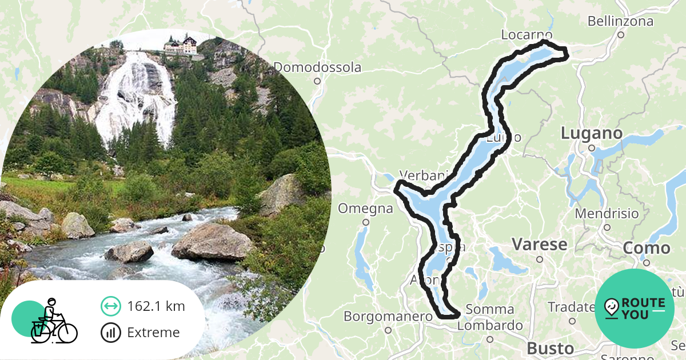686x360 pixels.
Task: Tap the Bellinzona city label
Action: pyautogui.click(x=620, y=22)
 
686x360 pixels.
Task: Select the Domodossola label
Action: pyautogui.click(x=317, y=67)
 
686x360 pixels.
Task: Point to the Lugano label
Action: pyautogui.click(x=591, y=134)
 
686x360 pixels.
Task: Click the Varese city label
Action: pyautogui.click(x=539, y=245)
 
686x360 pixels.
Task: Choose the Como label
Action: pyautogui.click(x=646, y=249)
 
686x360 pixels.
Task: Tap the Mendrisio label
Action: pyautogui.click(x=607, y=214)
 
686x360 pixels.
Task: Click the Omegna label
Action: pyautogui.click(x=365, y=209)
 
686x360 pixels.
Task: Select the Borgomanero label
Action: pyautogui.click(x=388, y=316)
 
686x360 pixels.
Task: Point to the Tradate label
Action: pyautogui.click(x=571, y=307)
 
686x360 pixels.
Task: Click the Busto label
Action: pyautogui.click(x=550, y=348)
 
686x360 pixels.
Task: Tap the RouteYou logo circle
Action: pyautogui.click(x=634, y=309)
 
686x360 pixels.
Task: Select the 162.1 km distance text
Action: pyautogui.click(x=156, y=306)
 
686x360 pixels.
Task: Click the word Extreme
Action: pyautogui.click(x=153, y=333)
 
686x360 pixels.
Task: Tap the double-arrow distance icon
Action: pyautogui.click(x=110, y=306)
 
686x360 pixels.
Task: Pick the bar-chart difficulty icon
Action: pyautogui.click(x=110, y=333)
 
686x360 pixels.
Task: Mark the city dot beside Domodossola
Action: pyautogui.click(x=317, y=81)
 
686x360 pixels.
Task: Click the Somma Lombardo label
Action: pyautogui.click(x=490, y=318)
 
